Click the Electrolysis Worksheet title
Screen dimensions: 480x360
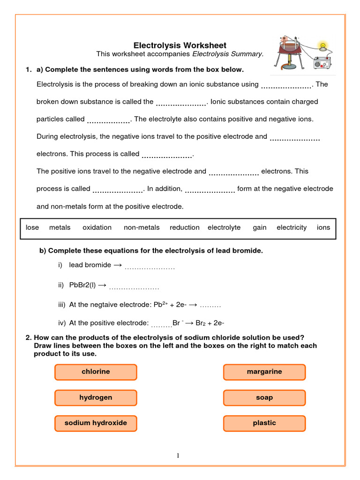coord(180,45)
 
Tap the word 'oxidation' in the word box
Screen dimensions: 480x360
coord(97,227)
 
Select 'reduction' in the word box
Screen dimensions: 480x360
coord(185,227)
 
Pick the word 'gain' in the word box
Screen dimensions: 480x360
coord(260,227)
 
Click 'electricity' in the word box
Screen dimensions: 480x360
coord(292,227)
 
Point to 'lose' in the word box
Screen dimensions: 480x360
coord(32,227)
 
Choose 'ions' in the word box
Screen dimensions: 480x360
coord(323,227)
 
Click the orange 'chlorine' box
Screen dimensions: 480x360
coord(96,372)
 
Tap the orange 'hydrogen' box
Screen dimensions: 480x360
coord(96,397)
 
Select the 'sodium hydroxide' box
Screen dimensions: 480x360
coord(96,423)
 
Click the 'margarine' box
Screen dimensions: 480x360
coord(264,372)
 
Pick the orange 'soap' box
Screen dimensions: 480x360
coord(264,397)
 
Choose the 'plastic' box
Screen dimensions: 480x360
coord(264,423)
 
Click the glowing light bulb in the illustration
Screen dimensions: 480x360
coord(322,46)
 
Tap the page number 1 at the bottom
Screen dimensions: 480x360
coord(179,455)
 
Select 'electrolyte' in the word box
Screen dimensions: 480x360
coord(224,227)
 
